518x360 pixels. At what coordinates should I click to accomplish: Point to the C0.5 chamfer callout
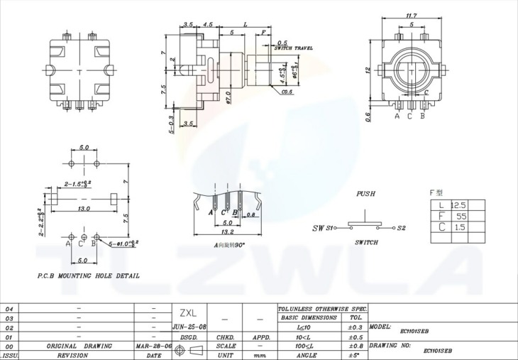click(287, 92)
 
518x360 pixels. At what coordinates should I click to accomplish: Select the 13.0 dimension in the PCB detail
click(83, 209)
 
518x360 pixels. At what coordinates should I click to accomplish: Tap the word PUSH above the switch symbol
click(365, 193)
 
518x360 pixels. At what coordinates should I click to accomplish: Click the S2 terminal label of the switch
click(401, 228)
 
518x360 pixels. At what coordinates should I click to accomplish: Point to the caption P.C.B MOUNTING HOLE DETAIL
click(88, 276)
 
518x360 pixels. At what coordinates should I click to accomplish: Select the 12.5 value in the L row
click(458, 204)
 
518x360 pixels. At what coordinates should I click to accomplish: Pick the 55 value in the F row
click(461, 216)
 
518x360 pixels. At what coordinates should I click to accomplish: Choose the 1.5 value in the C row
click(460, 227)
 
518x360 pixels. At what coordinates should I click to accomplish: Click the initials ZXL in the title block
click(187, 312)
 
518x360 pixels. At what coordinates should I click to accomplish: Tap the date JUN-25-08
click(189, 327)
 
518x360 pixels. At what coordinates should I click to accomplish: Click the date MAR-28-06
click(153, 346)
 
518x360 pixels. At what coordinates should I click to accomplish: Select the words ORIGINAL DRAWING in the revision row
click(79, 346)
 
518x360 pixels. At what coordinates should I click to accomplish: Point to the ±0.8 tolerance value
click(355, 346)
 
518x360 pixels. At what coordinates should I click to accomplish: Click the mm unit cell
click(259, 354)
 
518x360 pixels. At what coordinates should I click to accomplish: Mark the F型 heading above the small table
click(436, 192)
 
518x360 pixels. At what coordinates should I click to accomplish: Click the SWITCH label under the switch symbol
click(366, 242)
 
